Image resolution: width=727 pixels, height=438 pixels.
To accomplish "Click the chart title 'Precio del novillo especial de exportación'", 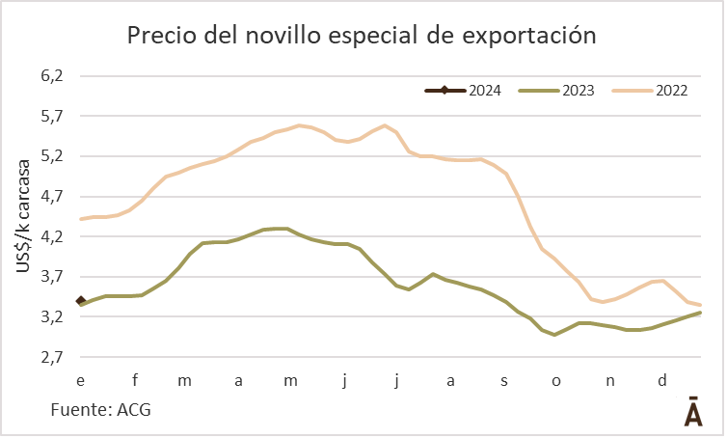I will click(x=363, y=36).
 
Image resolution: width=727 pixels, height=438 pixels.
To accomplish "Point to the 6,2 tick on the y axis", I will click(x=49, y=75).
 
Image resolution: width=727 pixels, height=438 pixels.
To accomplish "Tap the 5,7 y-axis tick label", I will click(x=49, y=116).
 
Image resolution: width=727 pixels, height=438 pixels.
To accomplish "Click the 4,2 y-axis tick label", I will click(x=49, y=236).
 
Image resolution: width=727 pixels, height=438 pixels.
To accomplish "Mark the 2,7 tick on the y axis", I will click(x=49, y=357).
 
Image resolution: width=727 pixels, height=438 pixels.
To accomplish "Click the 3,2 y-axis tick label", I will click(x=49, y=316).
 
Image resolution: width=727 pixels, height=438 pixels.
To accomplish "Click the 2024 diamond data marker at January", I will click(x=81, y=302).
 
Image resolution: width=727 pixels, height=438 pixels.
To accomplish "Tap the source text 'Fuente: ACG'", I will click(x=100, y=410).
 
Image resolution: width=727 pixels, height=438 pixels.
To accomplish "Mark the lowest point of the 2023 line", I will click(x=554, y=335).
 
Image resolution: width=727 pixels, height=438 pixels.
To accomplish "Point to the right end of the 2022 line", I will click(x=700, y=305).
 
